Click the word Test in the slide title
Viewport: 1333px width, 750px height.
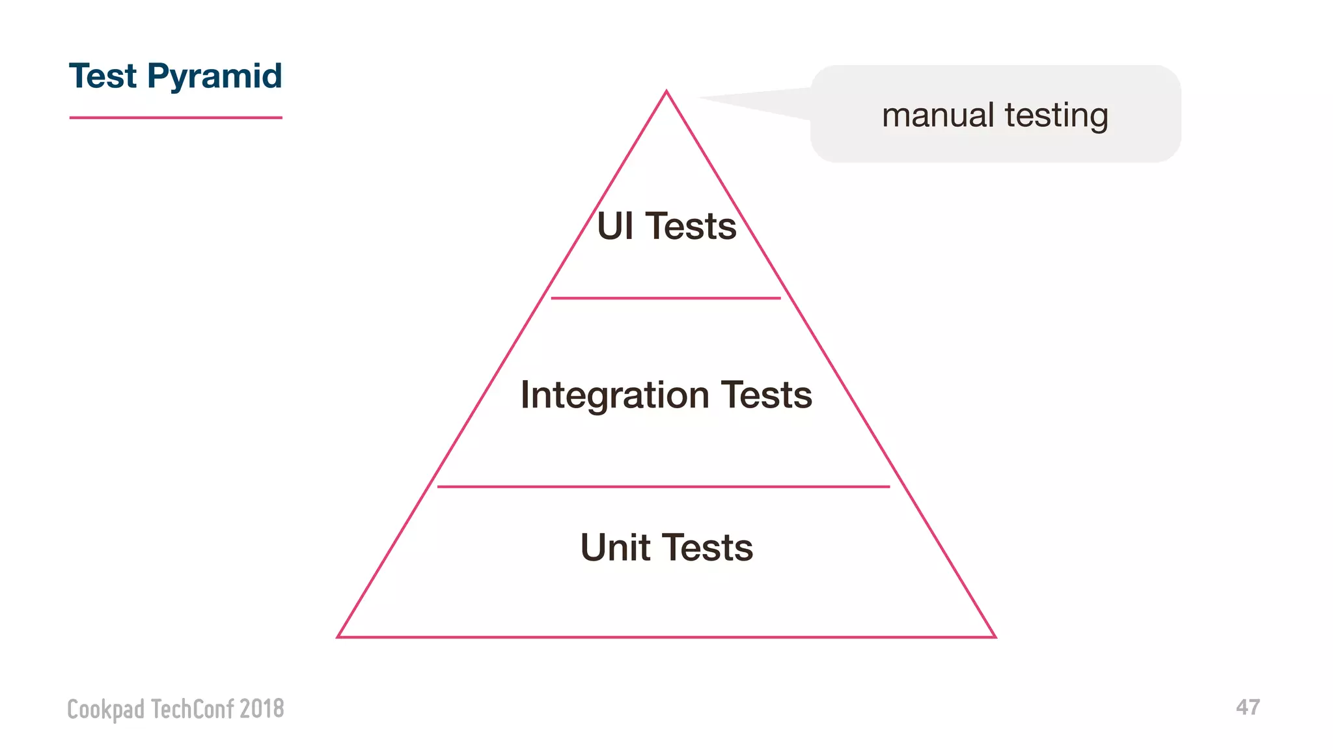(103, 76)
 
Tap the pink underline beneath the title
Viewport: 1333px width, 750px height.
(176, 118)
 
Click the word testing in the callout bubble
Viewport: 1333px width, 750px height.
(1056, 115)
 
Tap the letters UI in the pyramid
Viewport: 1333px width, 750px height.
(615, 227)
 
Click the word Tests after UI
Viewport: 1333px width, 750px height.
(691, 227)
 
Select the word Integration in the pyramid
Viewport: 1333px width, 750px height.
(615, 395)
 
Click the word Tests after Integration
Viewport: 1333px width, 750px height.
(767, 395)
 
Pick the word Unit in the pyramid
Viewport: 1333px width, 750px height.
(615, 548)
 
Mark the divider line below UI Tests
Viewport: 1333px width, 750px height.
(666, 298)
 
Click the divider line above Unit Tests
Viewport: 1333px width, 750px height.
(663, 486)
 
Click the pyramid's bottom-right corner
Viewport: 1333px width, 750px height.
(993, 635)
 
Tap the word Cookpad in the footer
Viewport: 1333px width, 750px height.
(105, 709)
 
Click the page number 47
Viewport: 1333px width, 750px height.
(1248, 708)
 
